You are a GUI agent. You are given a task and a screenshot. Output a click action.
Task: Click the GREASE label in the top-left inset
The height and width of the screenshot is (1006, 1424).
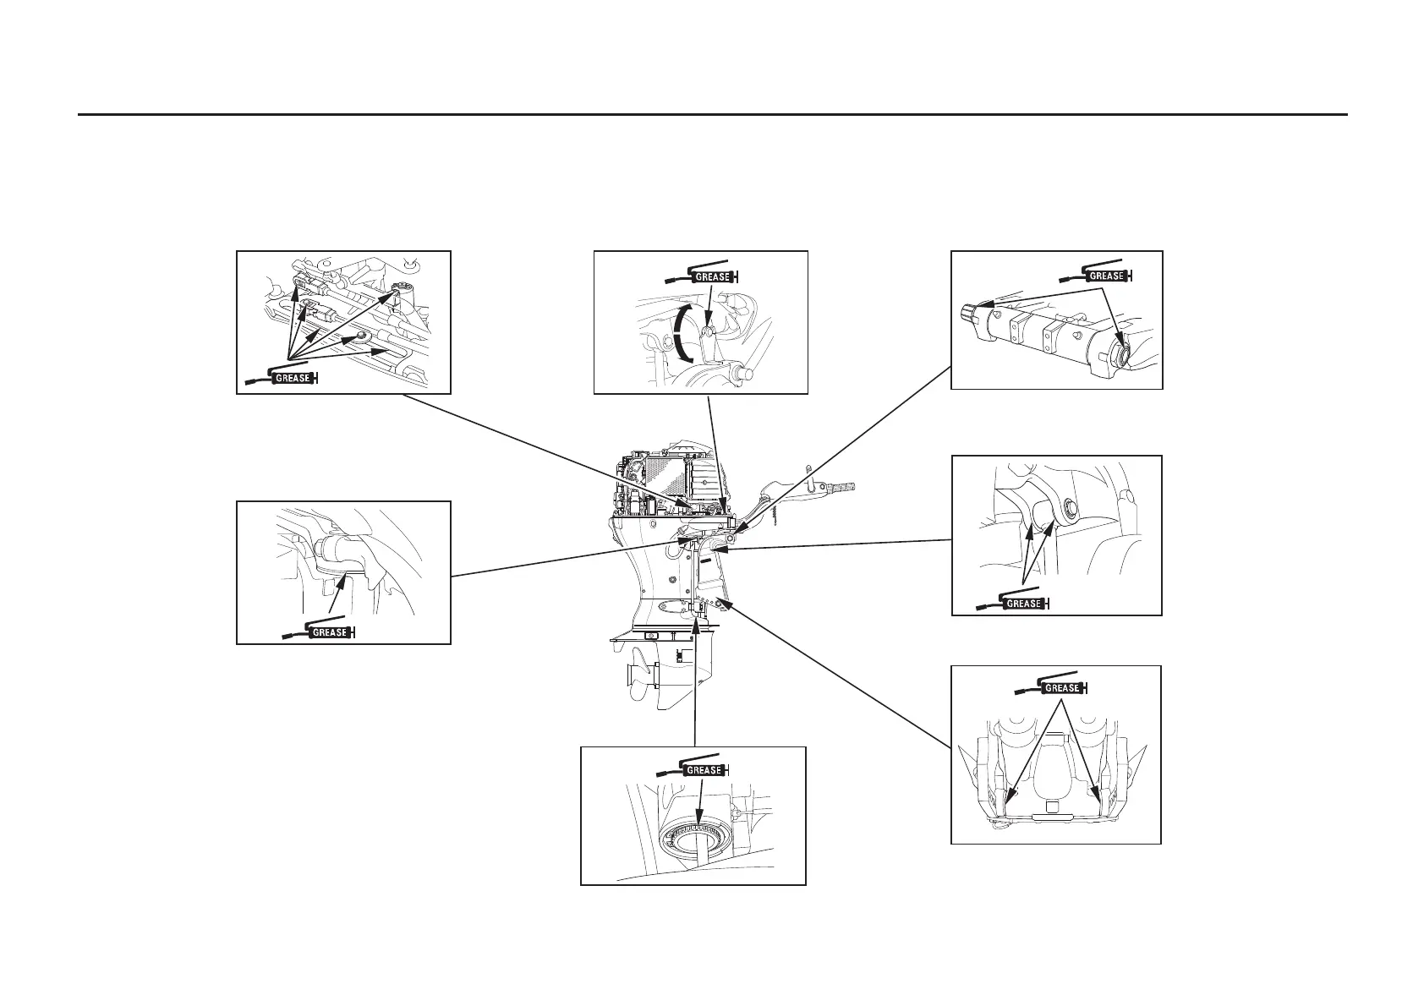point(293,378)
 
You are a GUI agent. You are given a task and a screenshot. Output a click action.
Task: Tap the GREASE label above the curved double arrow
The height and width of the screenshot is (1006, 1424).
point(712,276)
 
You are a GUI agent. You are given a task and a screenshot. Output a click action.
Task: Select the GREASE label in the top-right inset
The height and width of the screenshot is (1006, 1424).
point(1106,276)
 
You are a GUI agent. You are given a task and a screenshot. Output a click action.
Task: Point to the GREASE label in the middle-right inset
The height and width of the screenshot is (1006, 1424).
point(1023,604)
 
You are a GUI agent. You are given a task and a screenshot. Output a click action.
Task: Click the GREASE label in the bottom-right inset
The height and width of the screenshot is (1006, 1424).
point(1062,688)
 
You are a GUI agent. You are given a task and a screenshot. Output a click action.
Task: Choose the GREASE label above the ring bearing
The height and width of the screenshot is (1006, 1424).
point(704,770)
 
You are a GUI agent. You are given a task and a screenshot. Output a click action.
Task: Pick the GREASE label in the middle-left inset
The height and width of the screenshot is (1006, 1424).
point(330,631)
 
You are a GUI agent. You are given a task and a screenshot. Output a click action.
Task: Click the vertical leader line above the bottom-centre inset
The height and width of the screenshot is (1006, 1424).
point(695,685)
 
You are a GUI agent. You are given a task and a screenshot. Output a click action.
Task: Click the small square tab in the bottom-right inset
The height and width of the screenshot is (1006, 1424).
point(1051,807)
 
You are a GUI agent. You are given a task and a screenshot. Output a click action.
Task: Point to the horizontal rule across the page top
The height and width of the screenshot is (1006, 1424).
point(712,114)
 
